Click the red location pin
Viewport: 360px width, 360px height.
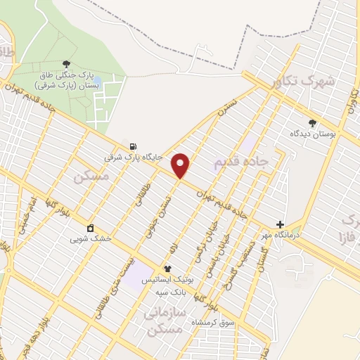coord(181,165)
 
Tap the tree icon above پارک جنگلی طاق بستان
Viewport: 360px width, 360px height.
coord(67,63)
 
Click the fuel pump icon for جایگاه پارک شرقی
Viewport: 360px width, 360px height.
coord(133,146)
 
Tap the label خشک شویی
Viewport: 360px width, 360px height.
coord(91,238)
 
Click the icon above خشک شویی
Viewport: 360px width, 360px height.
coord(91,228)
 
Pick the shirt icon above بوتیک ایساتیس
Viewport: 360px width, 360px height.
coord(167,269)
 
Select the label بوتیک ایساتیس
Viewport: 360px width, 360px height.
coord(167,279)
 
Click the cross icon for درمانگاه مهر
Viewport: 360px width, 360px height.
coord(280,224)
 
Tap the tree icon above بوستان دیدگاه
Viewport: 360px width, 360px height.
coord(313,122)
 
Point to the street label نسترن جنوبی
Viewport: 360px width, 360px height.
coord(160,209)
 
